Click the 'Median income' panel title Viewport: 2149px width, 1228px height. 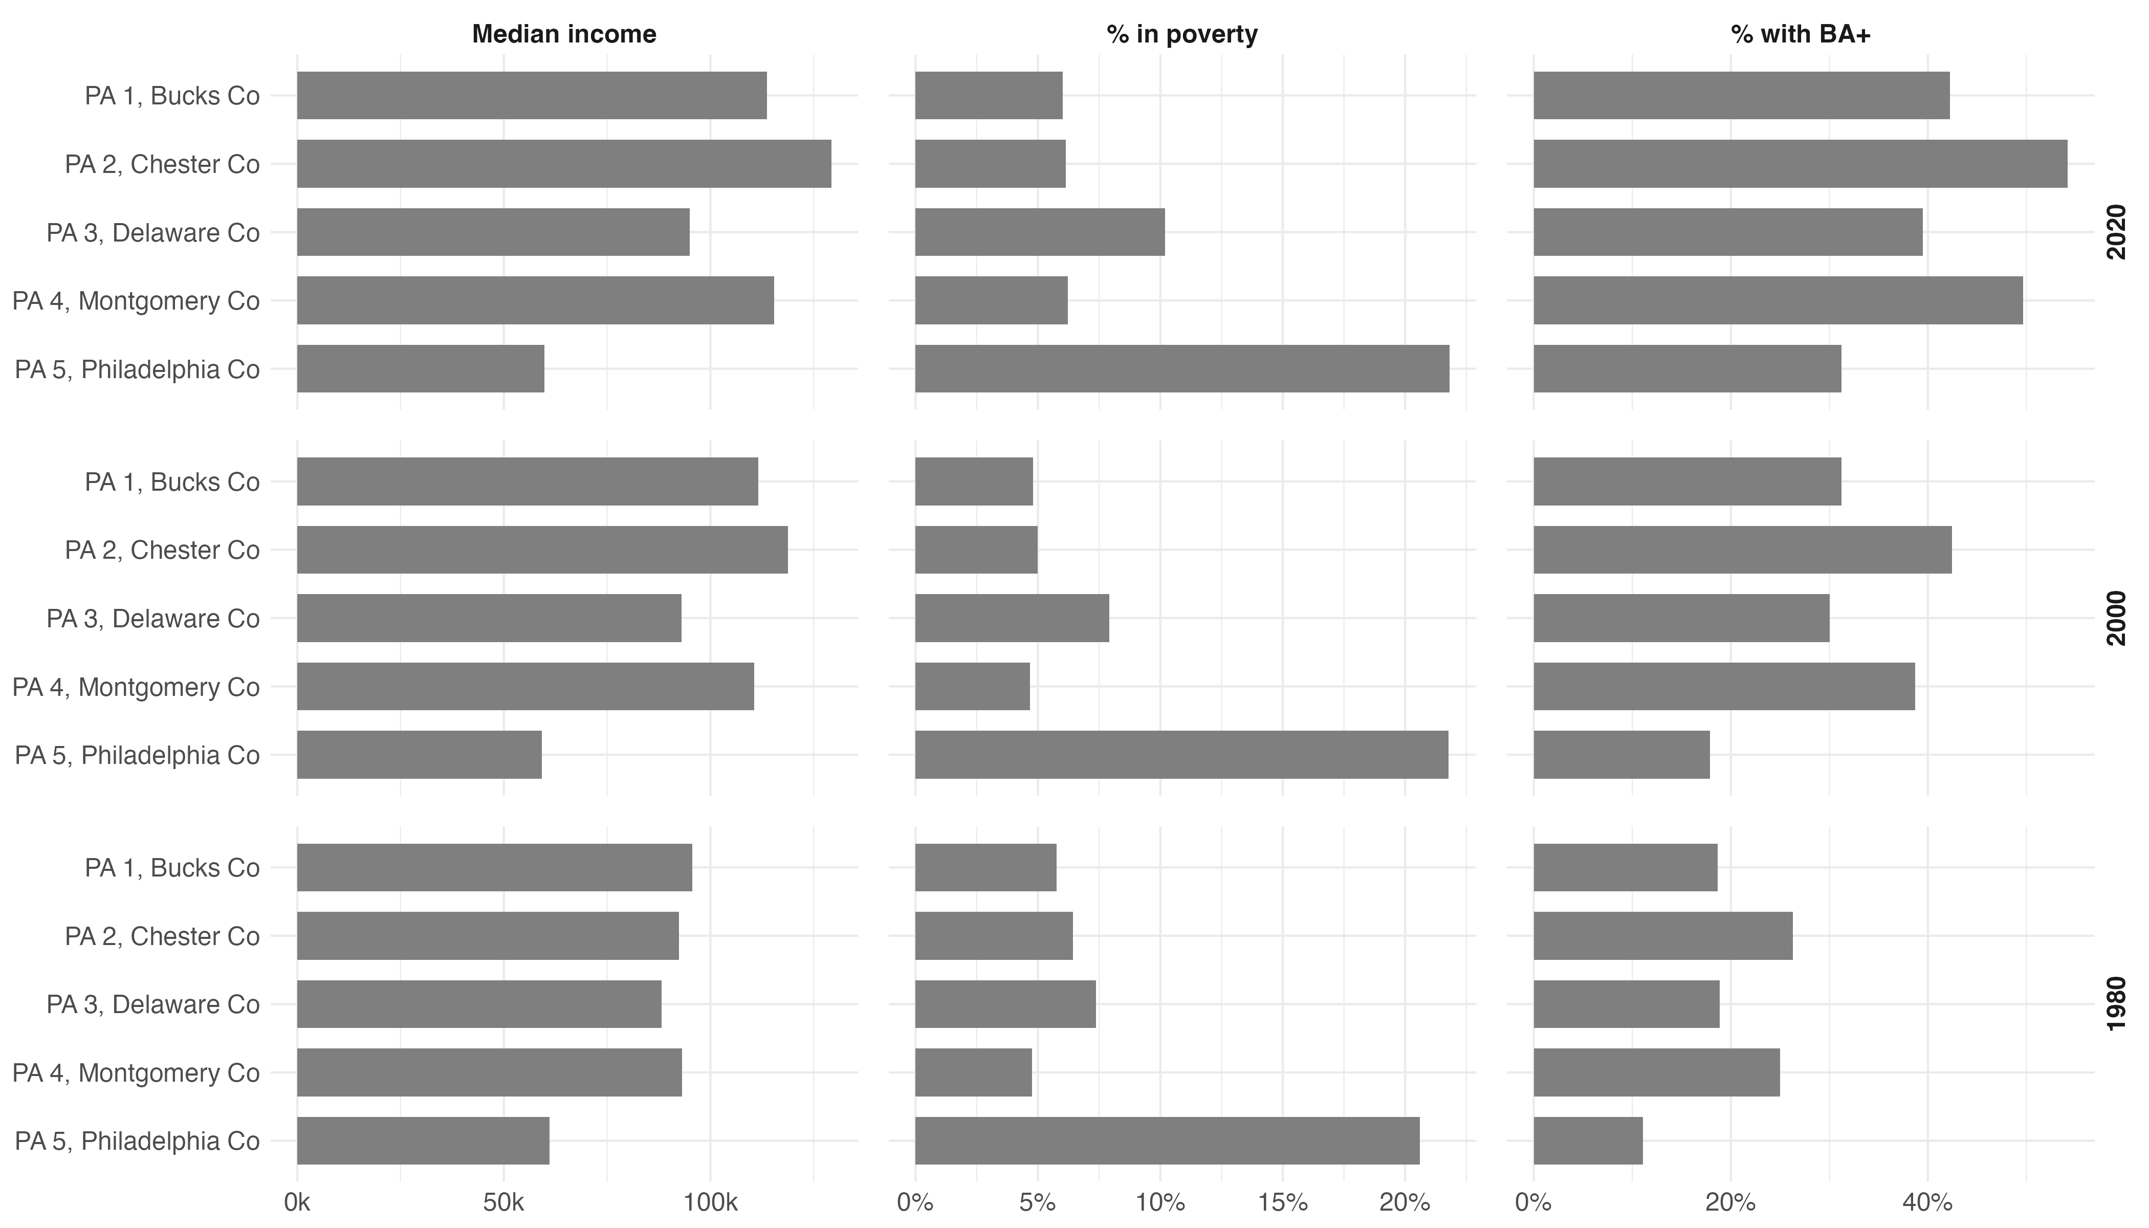(x=563, y=35)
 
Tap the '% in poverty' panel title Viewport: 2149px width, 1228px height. (x=1181, y=35)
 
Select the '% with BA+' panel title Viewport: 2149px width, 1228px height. (x=1801, y=35)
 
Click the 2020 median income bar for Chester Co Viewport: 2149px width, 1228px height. (x=563, y=164)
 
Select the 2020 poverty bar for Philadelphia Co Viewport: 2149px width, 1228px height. (x=1181, y=368)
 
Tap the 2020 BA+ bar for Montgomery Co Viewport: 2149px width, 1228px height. (x=1777, y=300)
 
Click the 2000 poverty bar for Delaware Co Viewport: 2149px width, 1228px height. (x=1011, y=618)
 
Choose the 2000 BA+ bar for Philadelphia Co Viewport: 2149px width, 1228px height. (x=1621, y=755)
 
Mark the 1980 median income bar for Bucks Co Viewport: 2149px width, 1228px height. (x=494, y=867)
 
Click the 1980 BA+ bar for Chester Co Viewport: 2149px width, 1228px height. (x=1662, y=935)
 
